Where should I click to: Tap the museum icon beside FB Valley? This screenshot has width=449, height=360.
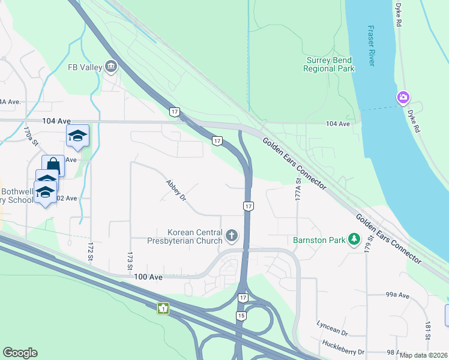[110, 67]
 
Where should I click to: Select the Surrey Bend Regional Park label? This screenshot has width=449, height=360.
[329, 64]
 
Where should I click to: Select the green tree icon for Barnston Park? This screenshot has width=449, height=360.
[354, 240]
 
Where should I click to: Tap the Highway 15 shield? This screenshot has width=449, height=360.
[241, 316]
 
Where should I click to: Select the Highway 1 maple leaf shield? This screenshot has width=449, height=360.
[163, 308]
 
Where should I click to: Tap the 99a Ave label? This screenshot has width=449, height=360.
[397, 295]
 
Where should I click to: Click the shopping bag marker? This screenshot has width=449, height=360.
[53, 164]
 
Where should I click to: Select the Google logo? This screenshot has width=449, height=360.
[20, 353]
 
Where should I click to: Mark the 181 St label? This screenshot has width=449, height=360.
[427, 334]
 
